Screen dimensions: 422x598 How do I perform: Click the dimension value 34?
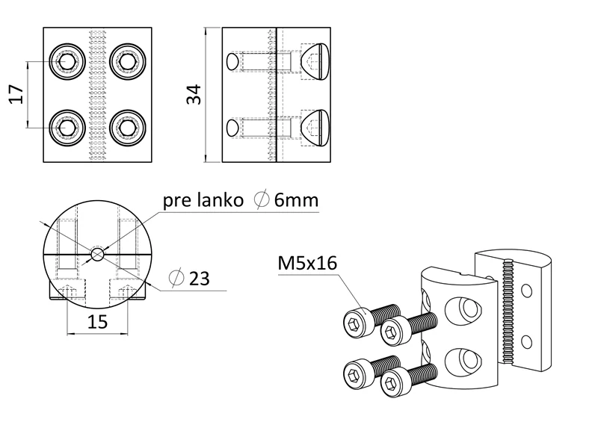click(193, 95)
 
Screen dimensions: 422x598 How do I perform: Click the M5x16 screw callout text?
click(307, 264)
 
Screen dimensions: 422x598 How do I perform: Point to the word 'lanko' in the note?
click(221, 201)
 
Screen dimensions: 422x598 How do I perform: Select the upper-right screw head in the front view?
click(124, 61)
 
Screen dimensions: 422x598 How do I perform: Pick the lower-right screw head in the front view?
click(124, 128)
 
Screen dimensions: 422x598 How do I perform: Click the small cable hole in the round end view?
click(98, 254)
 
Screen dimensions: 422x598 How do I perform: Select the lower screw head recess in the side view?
click(315, 128)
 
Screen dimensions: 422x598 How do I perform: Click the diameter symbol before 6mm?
click(262, 201)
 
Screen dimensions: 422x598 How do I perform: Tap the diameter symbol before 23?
click(177, 279)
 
